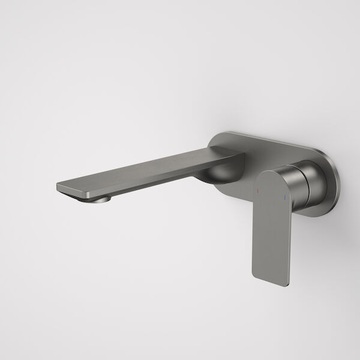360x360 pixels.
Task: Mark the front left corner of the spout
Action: [x=58, y=185]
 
